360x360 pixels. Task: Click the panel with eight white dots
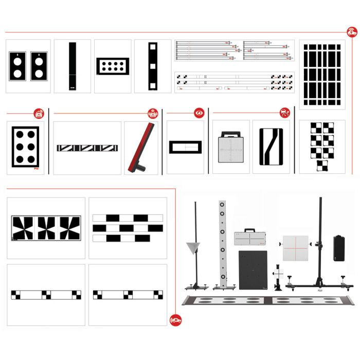113,66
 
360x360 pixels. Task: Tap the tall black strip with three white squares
152,66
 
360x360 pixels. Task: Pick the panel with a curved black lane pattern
271,147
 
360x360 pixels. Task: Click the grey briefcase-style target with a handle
230,148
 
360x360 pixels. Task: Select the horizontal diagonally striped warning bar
87,148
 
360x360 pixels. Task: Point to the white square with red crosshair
295,248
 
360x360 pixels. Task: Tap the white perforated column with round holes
222,242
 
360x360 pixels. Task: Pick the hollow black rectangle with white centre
185,147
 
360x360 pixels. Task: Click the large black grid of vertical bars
322,75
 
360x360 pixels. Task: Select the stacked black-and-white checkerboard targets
322,146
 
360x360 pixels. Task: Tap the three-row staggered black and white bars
128,228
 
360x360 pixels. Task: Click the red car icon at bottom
175,321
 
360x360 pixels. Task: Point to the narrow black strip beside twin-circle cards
72,66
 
